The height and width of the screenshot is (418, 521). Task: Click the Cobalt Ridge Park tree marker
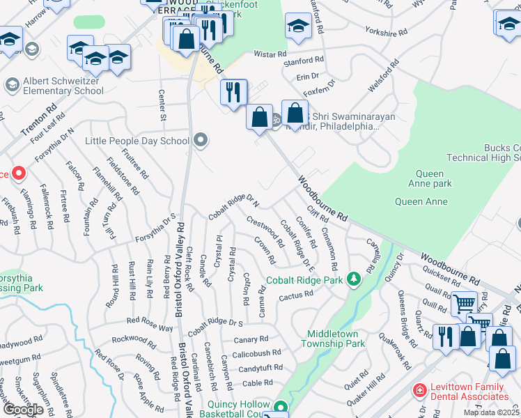(x=355, y=280)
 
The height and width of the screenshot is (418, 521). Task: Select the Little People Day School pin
(x=201, y=141)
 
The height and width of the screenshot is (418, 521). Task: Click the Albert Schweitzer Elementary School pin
(x=12, y=85)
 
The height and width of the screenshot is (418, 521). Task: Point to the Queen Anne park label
(x=433, y=179)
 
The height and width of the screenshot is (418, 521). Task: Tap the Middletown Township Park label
(x=334, y=339)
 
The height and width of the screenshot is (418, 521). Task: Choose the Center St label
(x=162, y=104)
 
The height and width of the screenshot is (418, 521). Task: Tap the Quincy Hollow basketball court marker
(x=281, y=407)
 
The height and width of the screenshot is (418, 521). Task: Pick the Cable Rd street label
(x=257, y=382)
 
